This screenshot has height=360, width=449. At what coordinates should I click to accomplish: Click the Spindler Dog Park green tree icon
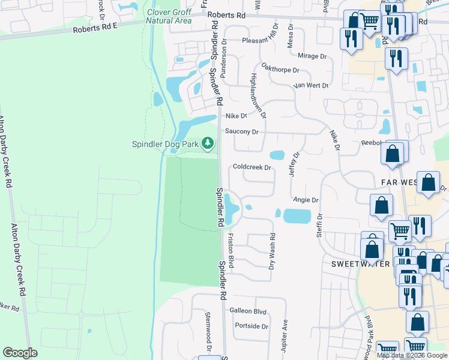point(207,143)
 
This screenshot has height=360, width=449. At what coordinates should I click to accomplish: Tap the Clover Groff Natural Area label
point(170,16)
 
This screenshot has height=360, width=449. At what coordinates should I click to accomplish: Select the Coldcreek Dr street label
point(253,167)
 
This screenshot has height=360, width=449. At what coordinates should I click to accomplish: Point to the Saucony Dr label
point(241,131)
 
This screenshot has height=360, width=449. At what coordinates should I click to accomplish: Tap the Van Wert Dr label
point(311,85)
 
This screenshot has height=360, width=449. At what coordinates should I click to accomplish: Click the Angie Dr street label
point(306,199)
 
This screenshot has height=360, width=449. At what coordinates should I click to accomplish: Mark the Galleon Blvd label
point(247,311)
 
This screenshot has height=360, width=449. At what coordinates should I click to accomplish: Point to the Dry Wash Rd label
point(272,251)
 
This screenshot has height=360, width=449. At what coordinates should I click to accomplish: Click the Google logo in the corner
point(20,352)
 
